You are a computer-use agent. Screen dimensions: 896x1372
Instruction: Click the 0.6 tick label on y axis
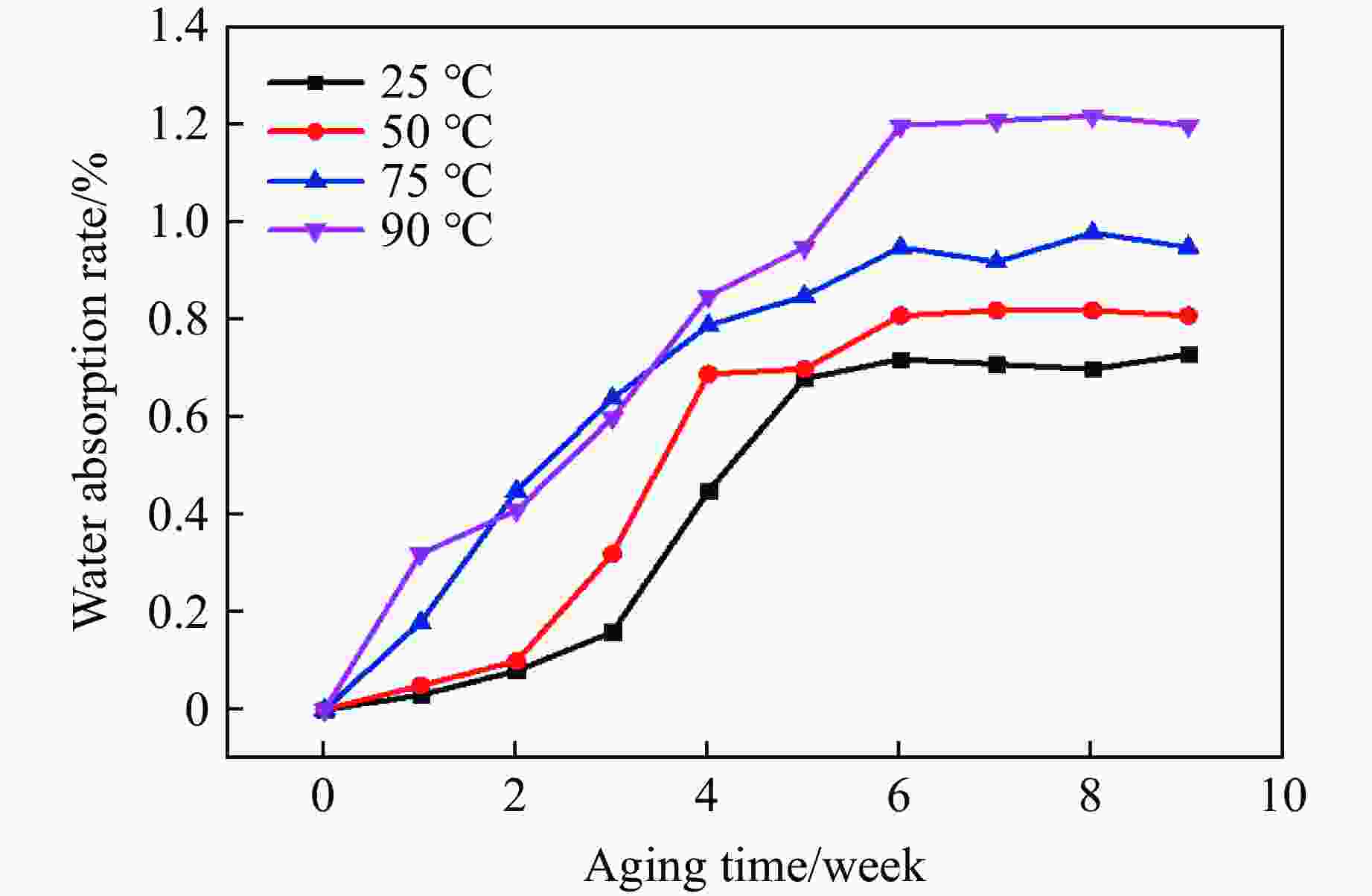[178, 417]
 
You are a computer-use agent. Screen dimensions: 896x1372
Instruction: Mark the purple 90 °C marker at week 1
[420, 555]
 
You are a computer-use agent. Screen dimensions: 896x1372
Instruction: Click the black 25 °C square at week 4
[708, 491]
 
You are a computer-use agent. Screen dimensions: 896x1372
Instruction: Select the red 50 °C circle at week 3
[612, 554]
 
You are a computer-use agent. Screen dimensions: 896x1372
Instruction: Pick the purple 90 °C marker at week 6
[900, 127]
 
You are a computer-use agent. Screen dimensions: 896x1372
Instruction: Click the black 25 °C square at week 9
[1188, 355]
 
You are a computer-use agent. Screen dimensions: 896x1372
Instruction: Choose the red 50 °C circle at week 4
[708, 374]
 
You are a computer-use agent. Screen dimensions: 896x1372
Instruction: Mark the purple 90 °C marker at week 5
[804, 248]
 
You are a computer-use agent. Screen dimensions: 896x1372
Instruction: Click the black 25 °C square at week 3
[612, 632]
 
